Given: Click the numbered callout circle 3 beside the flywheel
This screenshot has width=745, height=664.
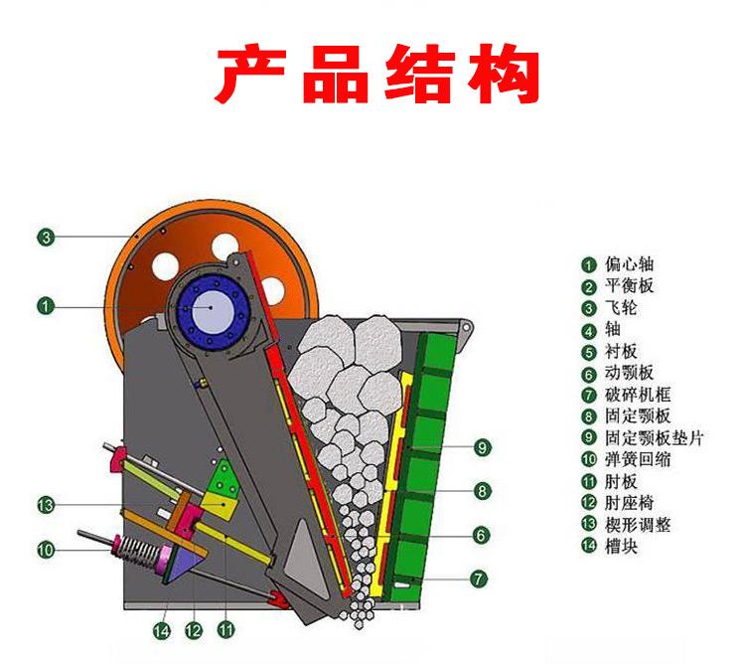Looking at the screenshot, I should (46, 237).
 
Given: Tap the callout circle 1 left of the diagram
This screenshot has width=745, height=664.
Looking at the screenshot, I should (46, 305).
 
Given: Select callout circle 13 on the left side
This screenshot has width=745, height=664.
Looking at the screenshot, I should (46, 505).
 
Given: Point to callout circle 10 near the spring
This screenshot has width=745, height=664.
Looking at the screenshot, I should (46, 548).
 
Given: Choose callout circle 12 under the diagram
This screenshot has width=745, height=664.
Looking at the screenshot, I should (194, 629).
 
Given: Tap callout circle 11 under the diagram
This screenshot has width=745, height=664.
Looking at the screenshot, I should (226, 629).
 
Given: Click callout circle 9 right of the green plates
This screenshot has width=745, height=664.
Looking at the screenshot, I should (482, 448).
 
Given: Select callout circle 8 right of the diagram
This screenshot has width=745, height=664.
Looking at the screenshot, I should (482, 490).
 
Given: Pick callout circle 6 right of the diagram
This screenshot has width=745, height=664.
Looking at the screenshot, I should (482, 535).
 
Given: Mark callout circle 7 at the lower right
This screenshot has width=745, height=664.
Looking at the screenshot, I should (482, 577).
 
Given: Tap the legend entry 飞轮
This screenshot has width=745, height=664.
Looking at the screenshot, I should (623, 308).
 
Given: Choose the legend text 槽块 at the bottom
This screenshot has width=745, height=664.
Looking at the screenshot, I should (623, 547).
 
